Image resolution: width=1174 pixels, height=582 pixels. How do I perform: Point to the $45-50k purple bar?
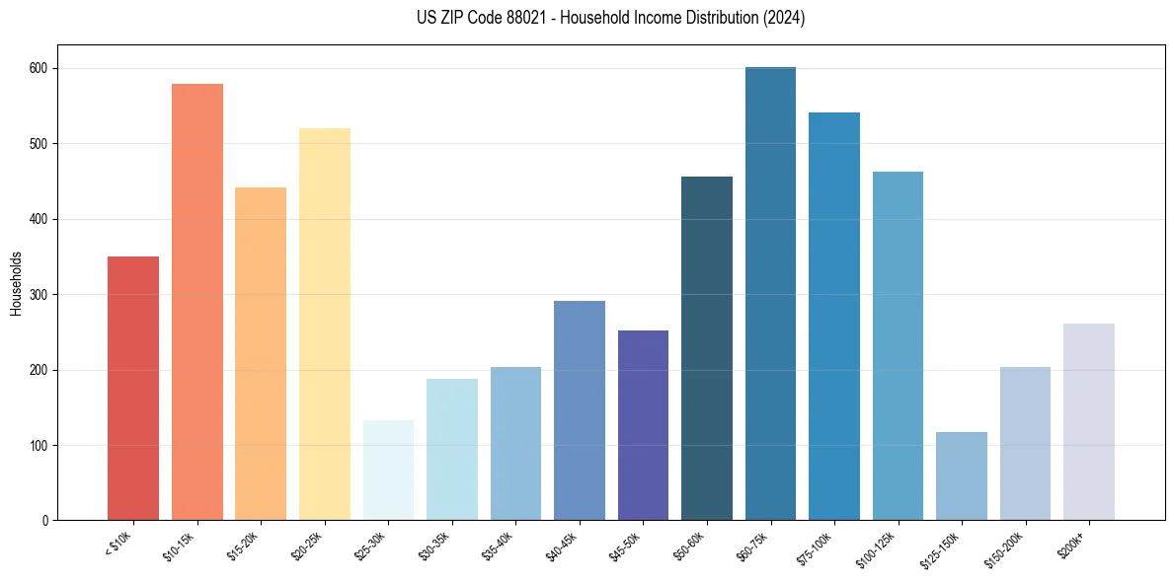(643, 425)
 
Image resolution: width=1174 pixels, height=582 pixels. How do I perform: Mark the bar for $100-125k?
(898, 345)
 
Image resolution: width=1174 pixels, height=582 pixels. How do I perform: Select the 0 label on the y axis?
(46, 521)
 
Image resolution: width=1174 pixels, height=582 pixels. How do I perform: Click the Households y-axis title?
(17, 283)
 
